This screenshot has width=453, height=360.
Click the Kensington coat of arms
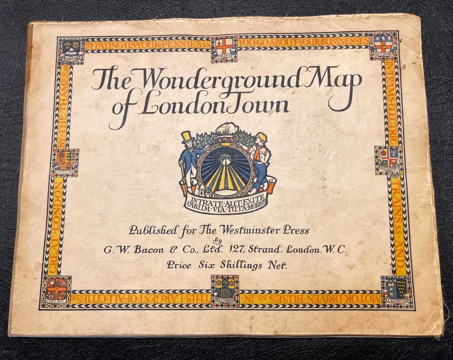67,161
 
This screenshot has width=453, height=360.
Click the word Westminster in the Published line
252,231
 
